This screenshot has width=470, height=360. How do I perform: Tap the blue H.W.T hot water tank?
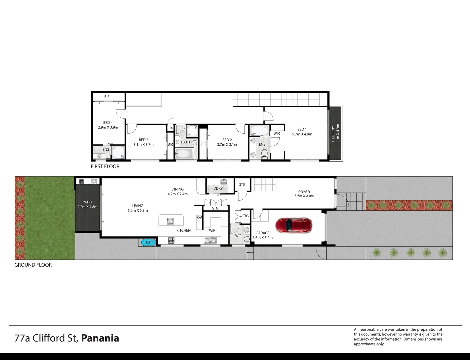148,242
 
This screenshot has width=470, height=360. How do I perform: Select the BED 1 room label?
302,129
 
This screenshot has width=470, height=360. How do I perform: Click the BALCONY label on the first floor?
333,134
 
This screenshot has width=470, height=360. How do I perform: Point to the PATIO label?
87,202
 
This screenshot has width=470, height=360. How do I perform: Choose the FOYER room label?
304,192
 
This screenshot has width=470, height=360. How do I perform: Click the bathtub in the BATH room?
184,154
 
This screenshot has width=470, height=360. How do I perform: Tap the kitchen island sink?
170,220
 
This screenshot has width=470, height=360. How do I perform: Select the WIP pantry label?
212,230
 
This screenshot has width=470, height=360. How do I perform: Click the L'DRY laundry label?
218,188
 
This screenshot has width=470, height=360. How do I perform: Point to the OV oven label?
199,217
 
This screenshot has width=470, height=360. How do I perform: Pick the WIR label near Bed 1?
277,133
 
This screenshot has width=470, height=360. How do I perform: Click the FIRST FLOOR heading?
105,166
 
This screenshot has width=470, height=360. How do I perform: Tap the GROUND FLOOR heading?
33,265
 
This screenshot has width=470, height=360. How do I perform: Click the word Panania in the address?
100,338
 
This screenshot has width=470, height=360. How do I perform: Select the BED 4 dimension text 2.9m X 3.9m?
108,127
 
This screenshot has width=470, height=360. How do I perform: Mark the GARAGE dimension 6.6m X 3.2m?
263,238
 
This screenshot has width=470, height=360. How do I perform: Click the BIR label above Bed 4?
107,97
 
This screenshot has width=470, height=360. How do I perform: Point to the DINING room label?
178,189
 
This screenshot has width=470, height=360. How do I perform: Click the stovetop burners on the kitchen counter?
171,240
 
